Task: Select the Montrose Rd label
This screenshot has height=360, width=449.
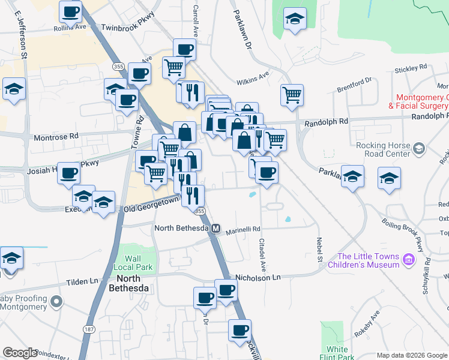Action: tap(57, 137)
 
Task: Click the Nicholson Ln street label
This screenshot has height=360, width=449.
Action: tap(258, 277)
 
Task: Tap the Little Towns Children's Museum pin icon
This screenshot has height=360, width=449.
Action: tap(409, 259)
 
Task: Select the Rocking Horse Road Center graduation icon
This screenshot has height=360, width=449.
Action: tap(419, 148)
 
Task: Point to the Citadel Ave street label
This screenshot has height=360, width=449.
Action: tap(262, 254)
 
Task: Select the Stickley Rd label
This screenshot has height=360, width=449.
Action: tap(411, 68)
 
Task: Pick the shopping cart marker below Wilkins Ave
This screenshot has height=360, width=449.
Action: tap(292, 94)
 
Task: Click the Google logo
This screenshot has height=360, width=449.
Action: tap(20, 352)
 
